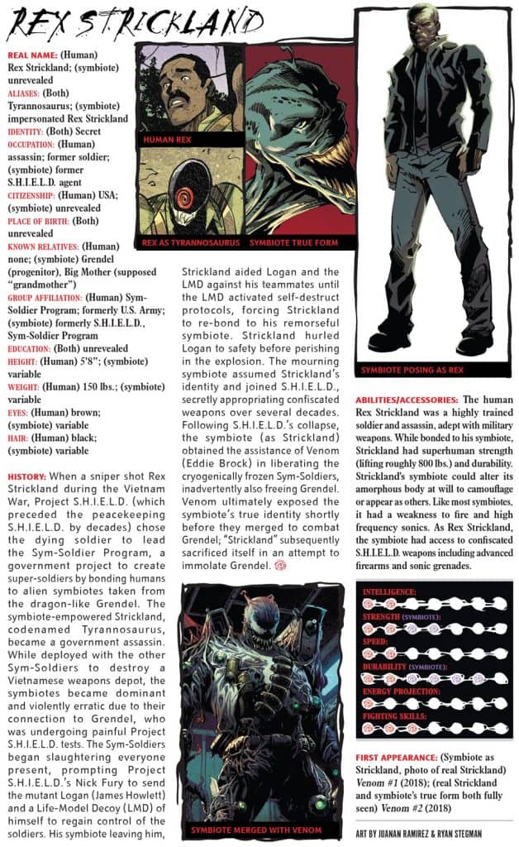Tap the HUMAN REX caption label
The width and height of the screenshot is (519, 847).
click(169, 140)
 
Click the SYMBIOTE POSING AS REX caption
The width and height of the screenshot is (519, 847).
click(407, 370)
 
